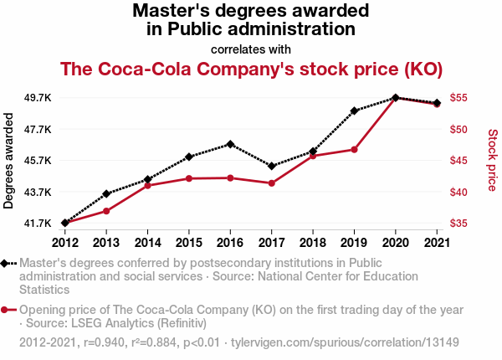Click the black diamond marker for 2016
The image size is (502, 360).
230,144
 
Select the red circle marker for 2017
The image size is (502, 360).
272,183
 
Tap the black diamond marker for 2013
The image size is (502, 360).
106,193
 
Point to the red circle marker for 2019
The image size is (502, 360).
355,149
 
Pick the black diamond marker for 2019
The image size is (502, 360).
355,111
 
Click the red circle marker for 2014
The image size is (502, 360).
147,185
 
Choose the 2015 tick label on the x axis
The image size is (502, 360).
188,243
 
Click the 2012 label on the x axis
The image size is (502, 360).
64,243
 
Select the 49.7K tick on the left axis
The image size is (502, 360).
37,98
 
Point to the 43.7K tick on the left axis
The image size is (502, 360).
37,192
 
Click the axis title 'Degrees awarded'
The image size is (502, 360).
10,161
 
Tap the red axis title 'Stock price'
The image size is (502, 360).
492,159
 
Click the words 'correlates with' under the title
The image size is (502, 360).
251,48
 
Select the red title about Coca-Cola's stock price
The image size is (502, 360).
251,68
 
